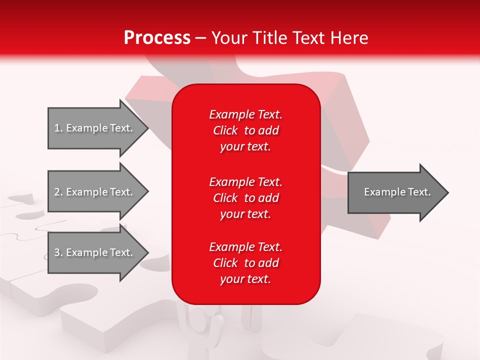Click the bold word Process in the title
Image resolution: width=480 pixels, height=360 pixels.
[x=157, y=38]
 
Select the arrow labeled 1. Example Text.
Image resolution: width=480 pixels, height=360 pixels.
[x=95, y=128]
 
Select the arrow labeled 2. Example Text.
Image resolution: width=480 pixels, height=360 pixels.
[x=95, y=192]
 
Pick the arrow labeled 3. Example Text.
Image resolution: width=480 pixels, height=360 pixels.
[x=95, y=252]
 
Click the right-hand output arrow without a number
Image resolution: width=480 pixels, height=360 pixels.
[x=395, y=192]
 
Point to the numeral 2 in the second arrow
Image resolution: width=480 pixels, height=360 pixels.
[x=57, y=192]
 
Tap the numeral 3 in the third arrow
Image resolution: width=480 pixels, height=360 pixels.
[x=57, y=252]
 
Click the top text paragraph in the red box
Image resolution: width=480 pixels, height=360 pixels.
[x=245, y=130]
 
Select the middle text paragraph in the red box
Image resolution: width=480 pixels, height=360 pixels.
[x=245, y=198]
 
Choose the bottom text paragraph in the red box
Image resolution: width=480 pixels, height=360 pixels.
[x=245, y=263]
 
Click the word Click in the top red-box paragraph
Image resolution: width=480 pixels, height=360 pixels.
[x=225, y=130]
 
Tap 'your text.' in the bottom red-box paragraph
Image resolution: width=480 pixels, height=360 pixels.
[x=245, y=279]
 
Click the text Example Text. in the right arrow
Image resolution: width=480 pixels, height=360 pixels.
[x=397, y=192]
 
